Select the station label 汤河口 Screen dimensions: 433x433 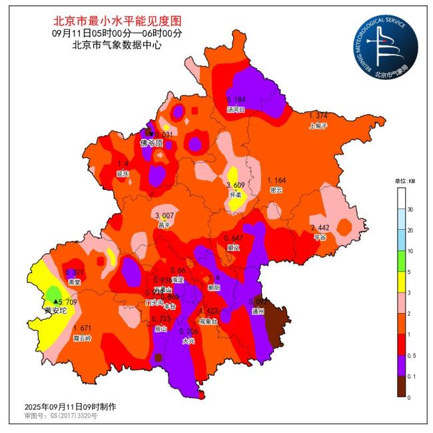coord(236,109)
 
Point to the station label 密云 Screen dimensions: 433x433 coord(276,190)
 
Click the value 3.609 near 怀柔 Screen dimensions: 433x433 coord(237,185)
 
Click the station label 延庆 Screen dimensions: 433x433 coord(123,173)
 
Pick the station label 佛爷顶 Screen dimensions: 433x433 coord(151,143)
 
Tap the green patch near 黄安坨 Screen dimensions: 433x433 coord(53,293)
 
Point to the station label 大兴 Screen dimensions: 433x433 coord(190,341)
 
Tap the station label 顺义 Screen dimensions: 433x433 coord(233,247)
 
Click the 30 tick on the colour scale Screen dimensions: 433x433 coord(410,209)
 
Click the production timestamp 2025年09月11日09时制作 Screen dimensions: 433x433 coord(61,406)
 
